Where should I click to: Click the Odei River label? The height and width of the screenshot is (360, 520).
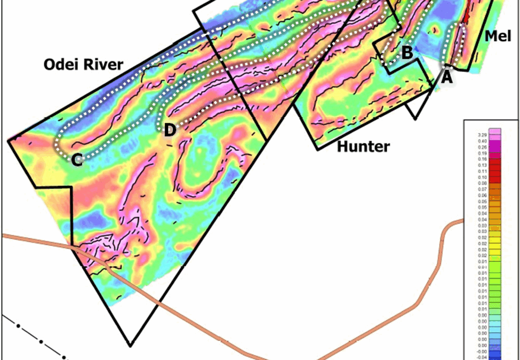(x=83, y=65)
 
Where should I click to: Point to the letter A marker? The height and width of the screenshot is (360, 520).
(x=446, y=77)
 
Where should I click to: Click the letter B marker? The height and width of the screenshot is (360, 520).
(x=406, y=53)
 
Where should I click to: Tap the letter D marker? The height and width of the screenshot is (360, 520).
(x=169, y=130)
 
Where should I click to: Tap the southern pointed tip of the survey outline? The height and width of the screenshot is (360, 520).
(x=130, y=345)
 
